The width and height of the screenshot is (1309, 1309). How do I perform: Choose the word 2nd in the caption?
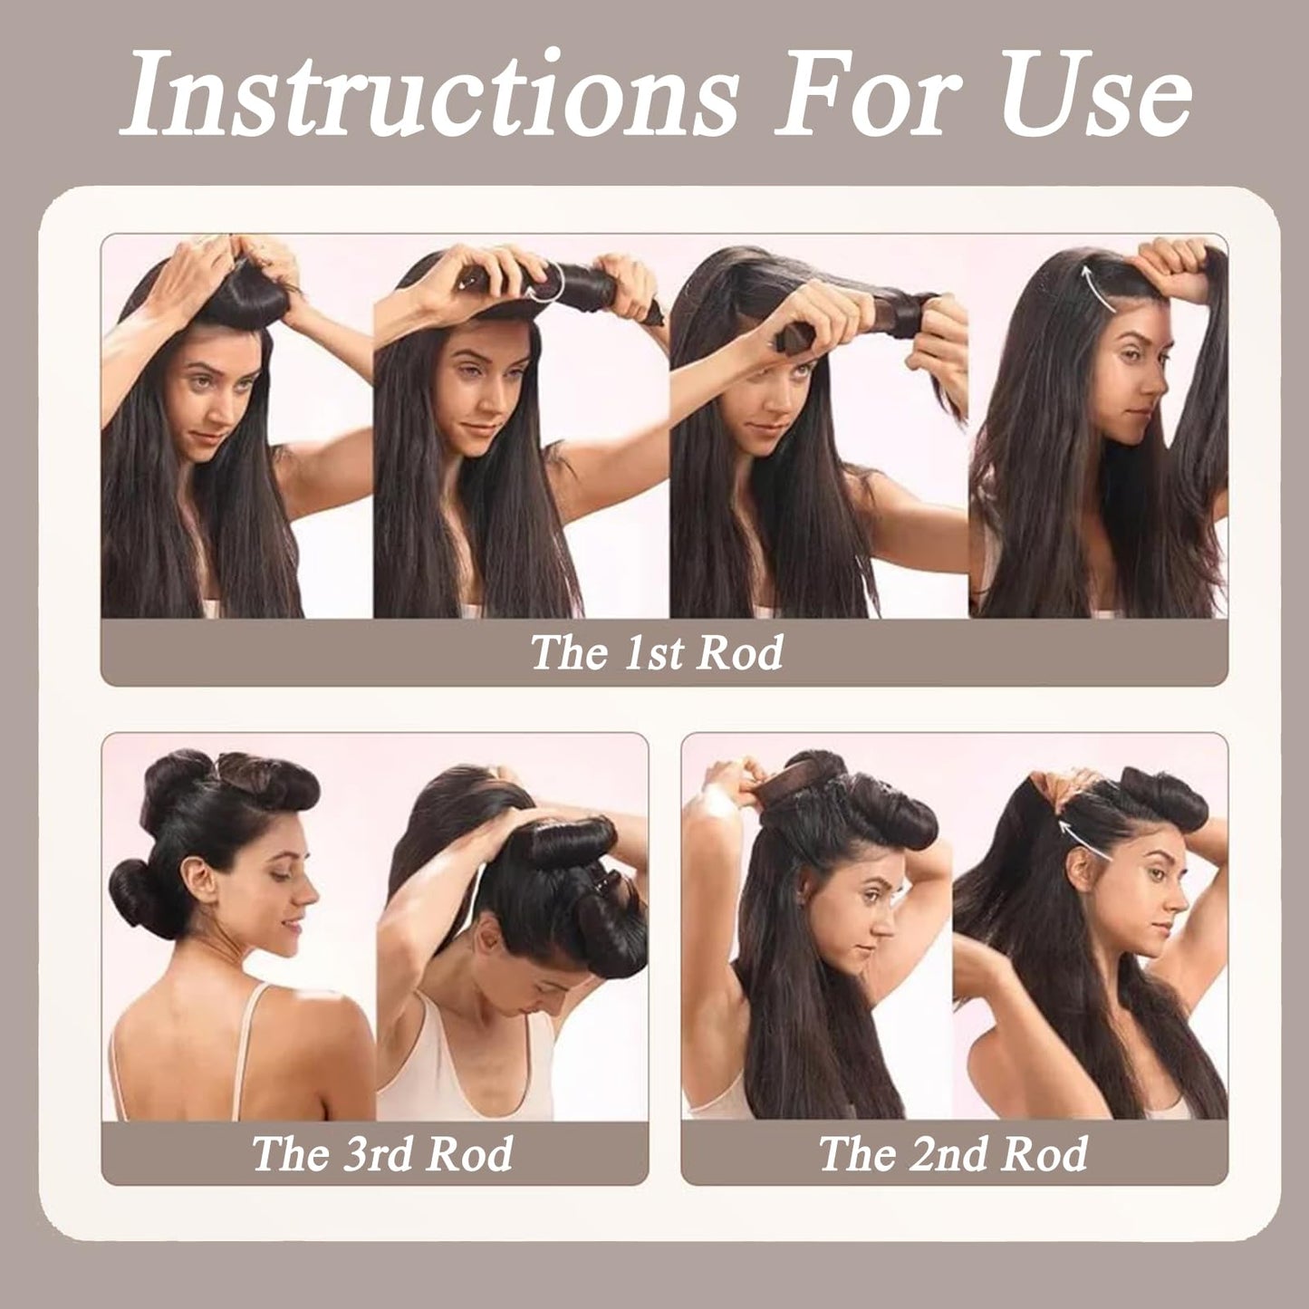click(x=952, y=1153)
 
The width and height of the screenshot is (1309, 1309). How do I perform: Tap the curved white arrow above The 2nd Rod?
click(x=1087, y=823)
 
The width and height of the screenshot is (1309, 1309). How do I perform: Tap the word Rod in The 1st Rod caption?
click(x=745, y=652)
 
